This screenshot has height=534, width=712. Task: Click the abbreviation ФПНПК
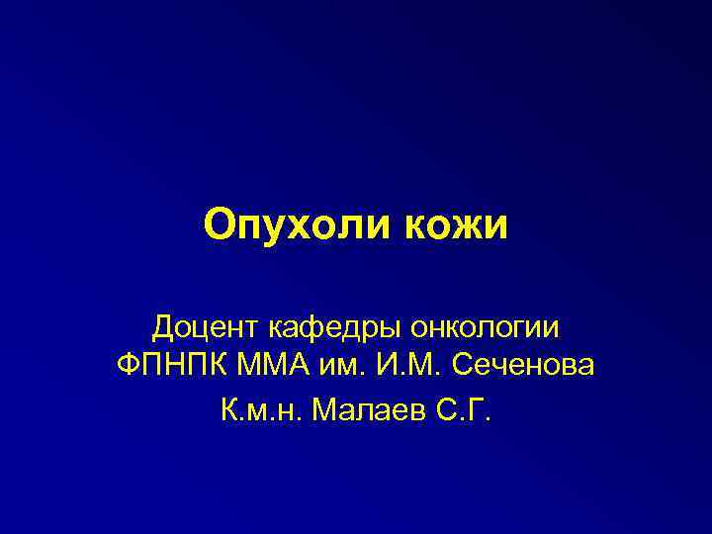pos(169,366)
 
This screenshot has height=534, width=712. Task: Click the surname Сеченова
pos(524,366)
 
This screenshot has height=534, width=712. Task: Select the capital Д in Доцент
pos(164,325)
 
